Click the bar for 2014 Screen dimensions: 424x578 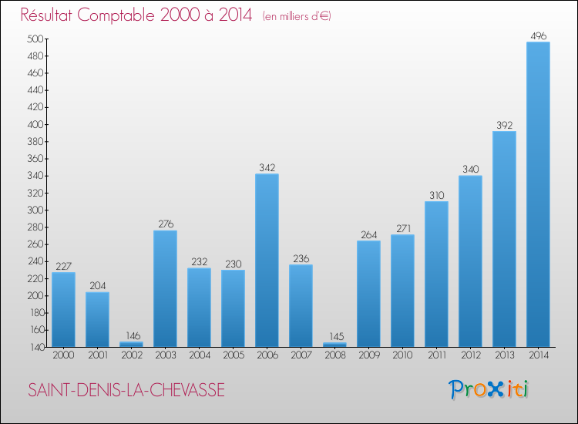[538, 194]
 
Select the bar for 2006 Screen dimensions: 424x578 [267, 260]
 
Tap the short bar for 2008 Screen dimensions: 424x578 [334, 345]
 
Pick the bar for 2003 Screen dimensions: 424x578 [165, 288]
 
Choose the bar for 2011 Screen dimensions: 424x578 [436, 274]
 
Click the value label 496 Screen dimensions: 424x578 [538, 35]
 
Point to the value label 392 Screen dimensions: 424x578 [504, 125]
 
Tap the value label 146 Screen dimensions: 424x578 [131, 335]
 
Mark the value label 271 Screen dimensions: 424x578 [402, 228]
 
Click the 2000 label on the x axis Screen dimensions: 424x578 [63, 356]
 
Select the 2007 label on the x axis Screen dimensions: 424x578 [301, 356]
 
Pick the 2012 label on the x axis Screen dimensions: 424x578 [470, 356]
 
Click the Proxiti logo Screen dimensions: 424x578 [489, 389]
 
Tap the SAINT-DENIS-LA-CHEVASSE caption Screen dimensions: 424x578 [126, 391]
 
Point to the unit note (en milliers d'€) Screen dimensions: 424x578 [297, 16]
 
